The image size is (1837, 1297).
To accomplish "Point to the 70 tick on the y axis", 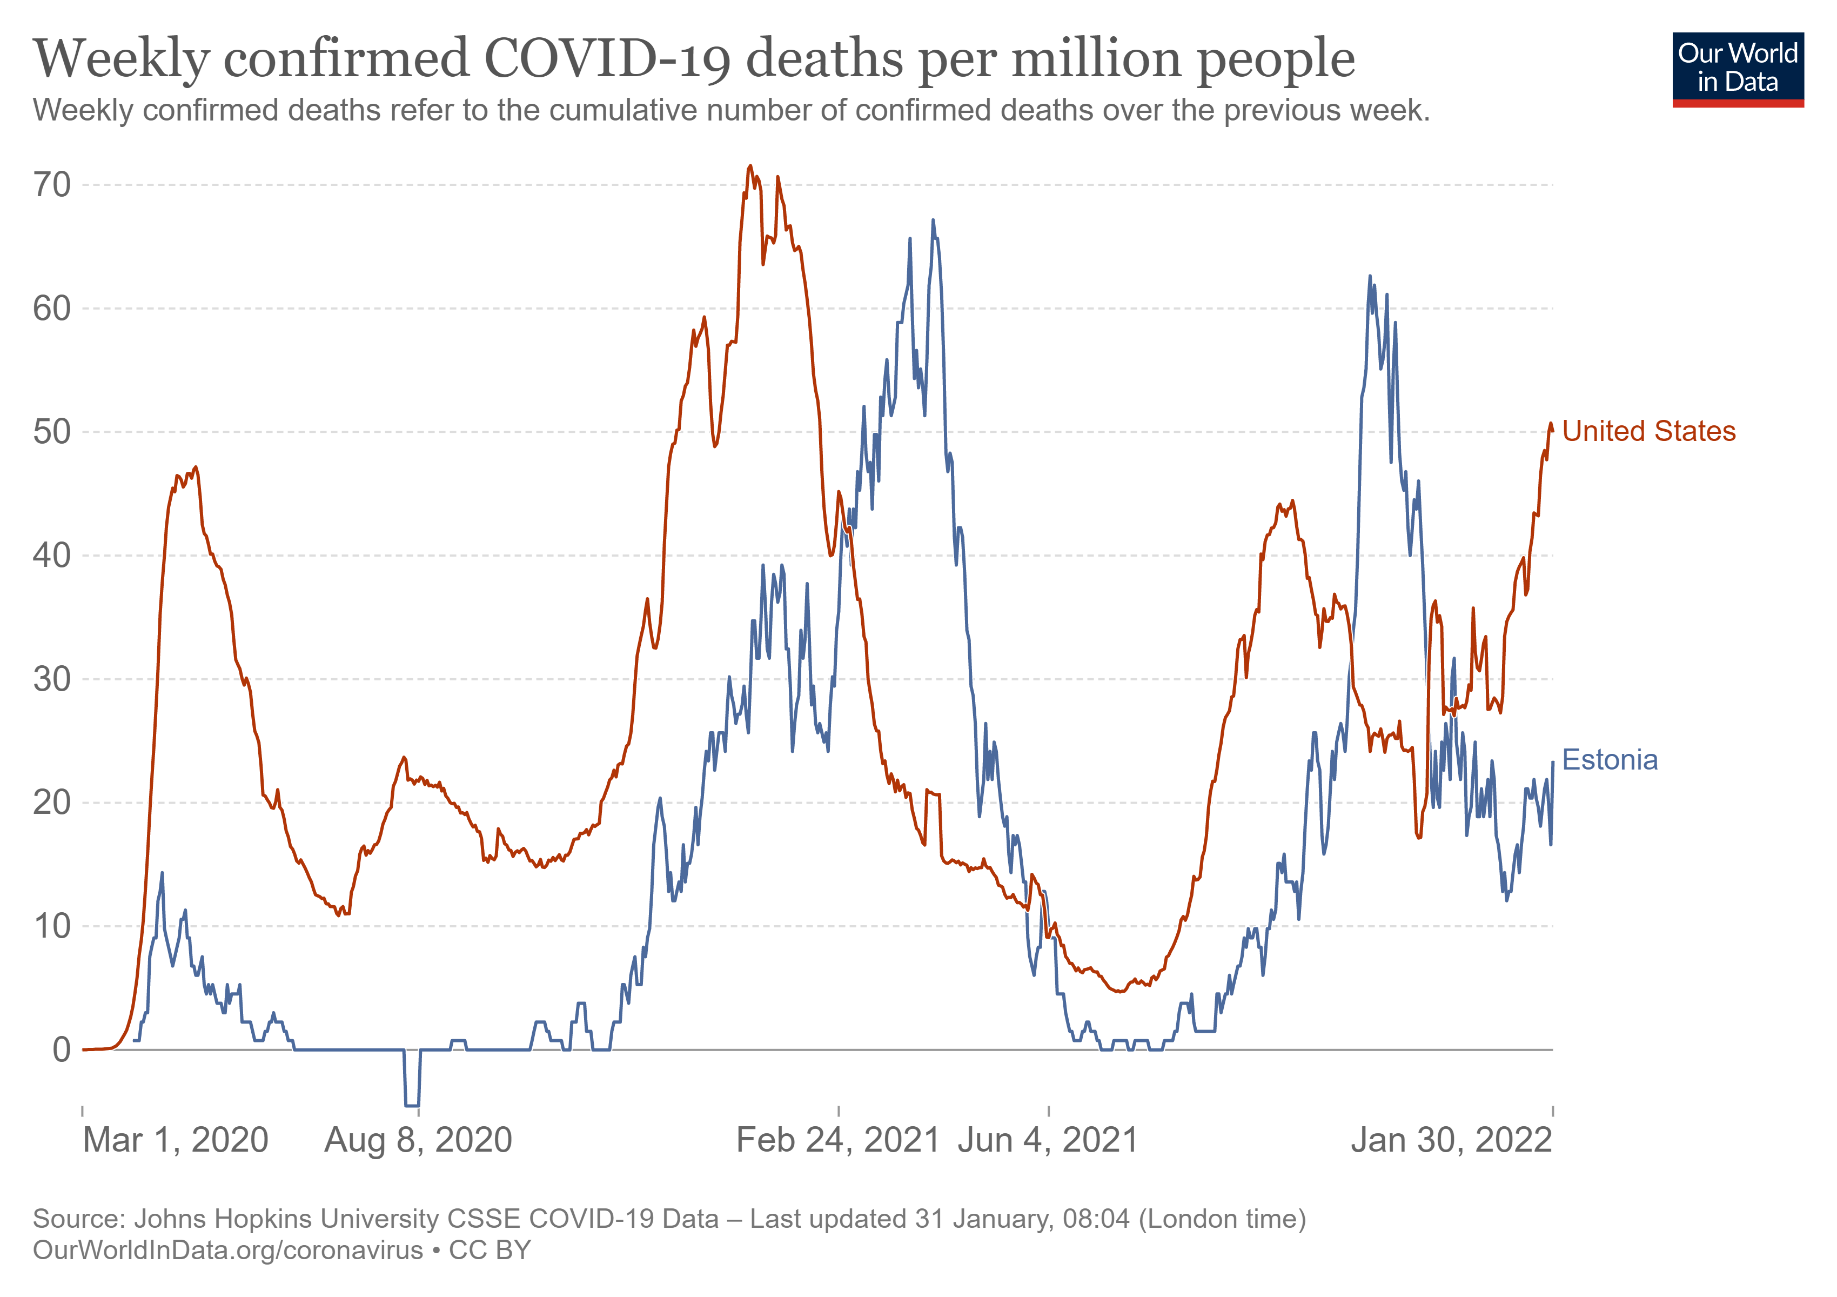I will click(x=52, y=185).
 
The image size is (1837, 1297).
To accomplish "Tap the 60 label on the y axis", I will click(x=52, y=309).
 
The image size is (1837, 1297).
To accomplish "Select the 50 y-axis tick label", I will click(x=52, y=432).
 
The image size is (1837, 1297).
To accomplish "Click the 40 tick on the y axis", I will click(x=52, y=556).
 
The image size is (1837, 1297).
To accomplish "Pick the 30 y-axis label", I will click(x=52, y=679).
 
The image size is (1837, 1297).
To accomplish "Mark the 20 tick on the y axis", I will click(x=52, y=803).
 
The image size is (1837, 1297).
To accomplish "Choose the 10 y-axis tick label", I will click(x=52, y=926).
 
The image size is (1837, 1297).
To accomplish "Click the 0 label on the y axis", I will click(x=62, y=1050).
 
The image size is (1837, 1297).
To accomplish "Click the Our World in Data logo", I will click(x=1738, y=69).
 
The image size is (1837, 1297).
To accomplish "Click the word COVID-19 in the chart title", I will click(x=608, y=59).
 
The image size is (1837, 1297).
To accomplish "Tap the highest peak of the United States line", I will click(x=750, y=166).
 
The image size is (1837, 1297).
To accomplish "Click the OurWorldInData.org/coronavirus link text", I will click(x=228, y=1250).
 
